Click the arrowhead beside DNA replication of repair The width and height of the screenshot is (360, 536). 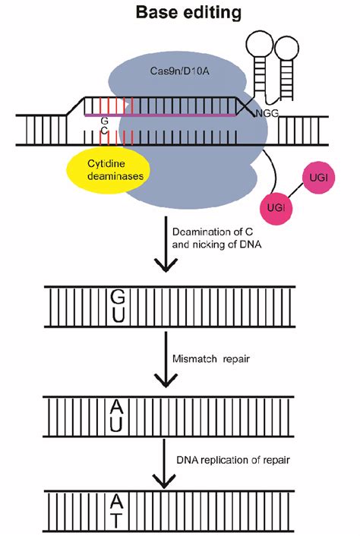coord(165,481)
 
